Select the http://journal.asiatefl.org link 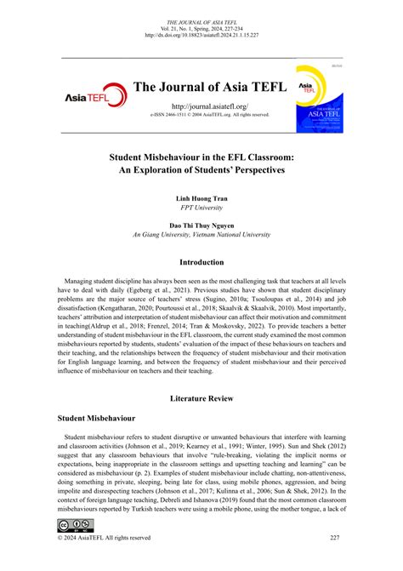[x=201, y=105]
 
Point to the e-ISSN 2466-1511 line [x=201, y=114]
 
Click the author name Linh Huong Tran [x=201, y=197]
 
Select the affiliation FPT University [x=201, y=208]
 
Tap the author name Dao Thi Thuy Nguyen [x=201, y=226]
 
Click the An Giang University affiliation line [x=201, y=237]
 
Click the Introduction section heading [x=201, y=262]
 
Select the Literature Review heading [x=201, y=397]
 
